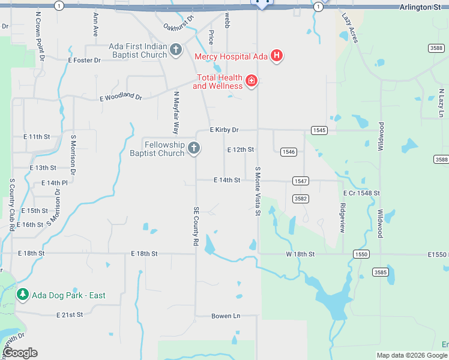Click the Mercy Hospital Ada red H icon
click(277, 56)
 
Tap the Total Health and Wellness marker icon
click(252, 80)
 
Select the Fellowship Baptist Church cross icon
click(193, 148)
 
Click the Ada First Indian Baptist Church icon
click(176, 49)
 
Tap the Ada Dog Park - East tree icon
click(23, 295)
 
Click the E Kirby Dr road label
click(224, 130)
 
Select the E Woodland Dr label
click(121, 97)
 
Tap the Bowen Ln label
click(226, 316)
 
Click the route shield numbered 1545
click(319, 130)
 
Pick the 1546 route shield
click(288, 152)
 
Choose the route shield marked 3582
click(301, 199)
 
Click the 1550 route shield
click(361, 254)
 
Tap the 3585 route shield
click(380, 272)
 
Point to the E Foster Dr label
click(84, 60)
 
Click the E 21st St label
click(70, 314)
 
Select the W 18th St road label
click(300, 254)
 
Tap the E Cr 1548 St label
click(361, 193)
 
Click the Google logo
click(20, 353)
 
